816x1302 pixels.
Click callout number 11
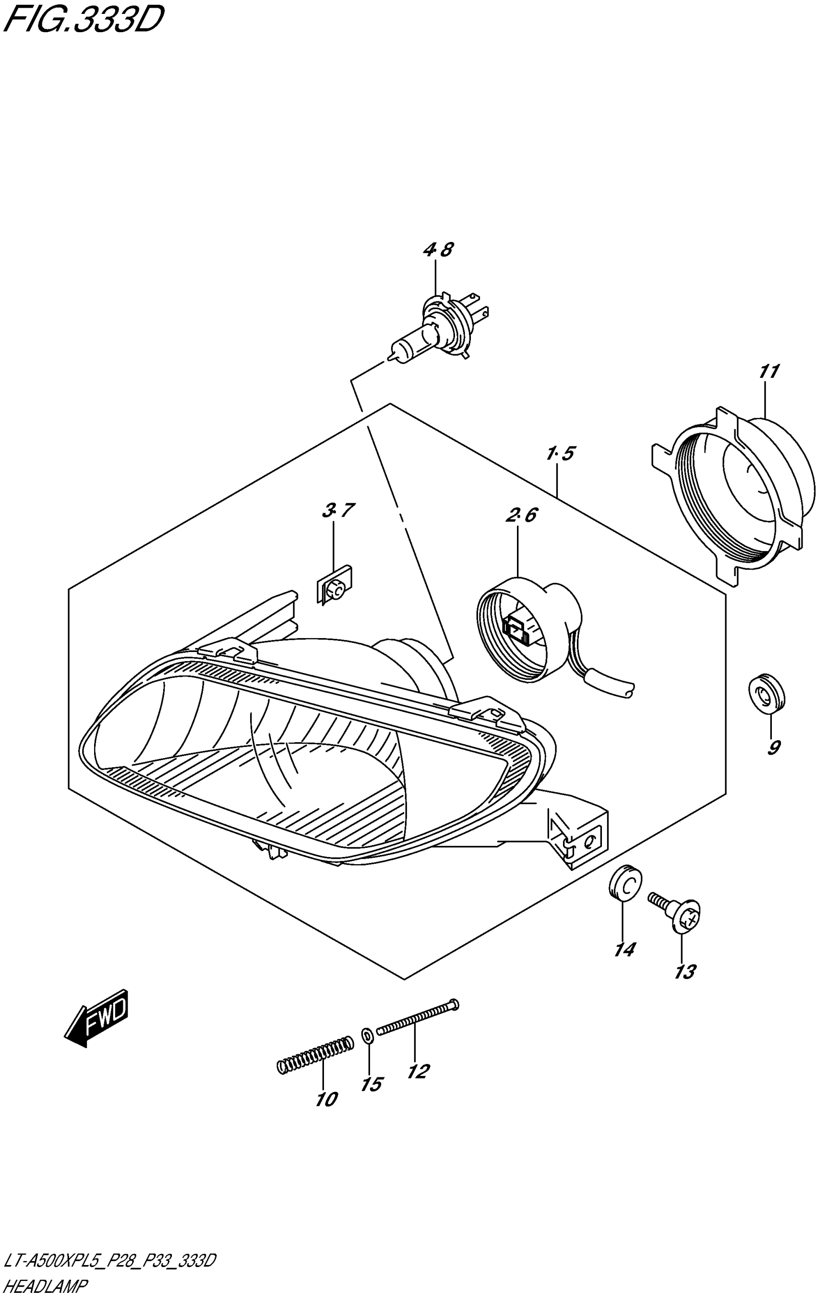coord(768,372)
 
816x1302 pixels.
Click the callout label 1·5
coord(560,453)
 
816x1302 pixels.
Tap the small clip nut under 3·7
coord(334,583)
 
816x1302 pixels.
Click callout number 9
coord(773,747)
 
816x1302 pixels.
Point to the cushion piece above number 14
coord(625,882)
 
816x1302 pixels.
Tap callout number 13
coord(685,972)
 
